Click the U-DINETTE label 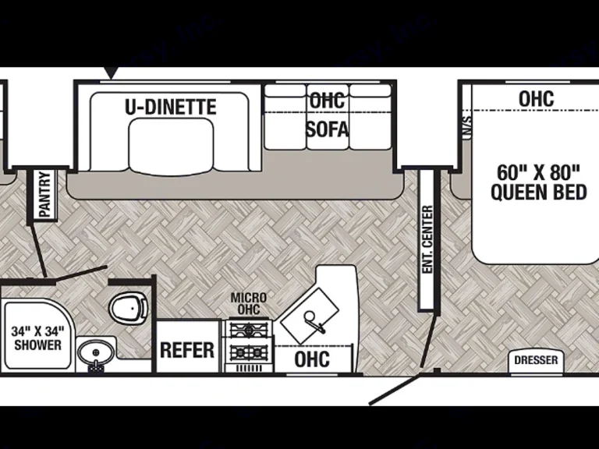tap(170, 106)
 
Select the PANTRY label tap(44, 193)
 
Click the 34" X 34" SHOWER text tap(37, 338)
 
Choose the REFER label tap(187, 349)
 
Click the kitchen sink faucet tap(311, 320)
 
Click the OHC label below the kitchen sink tap(312, 359)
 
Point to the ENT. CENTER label tap(427, 239)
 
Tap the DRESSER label tap(537, 360)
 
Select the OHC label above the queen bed tap(536, 99)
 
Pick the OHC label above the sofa tap(327, 101)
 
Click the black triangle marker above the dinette tap(112, 72)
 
